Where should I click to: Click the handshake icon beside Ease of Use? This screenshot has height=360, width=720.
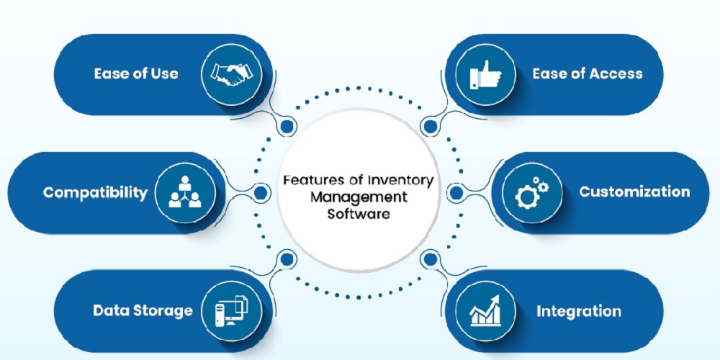tap(230, 73)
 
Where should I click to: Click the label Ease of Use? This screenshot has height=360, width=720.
tap(135, 73)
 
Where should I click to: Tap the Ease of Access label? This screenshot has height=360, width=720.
tap(587, 73)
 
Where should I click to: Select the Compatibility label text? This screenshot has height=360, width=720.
tap(94, 192)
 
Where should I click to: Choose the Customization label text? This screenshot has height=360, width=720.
tap(634, 192)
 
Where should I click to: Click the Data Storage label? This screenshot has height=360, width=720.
tap(143, 311)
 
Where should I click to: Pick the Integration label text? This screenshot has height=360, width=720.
tap(578, 311)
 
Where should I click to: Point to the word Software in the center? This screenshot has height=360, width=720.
tap(358, 214)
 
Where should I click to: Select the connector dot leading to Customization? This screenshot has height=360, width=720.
tap(454, 192)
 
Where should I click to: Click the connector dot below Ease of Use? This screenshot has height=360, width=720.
tap(287, 127)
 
